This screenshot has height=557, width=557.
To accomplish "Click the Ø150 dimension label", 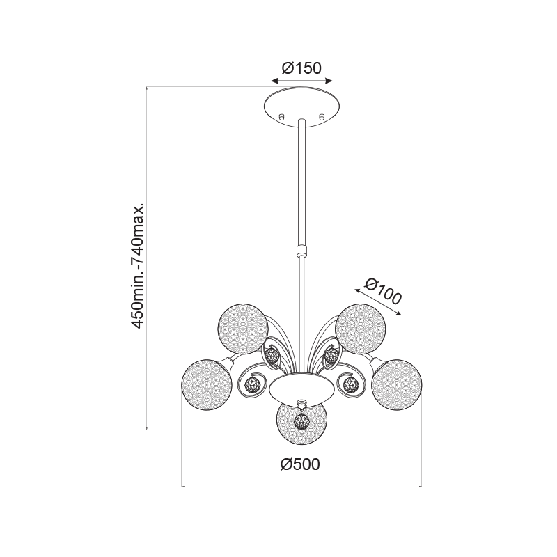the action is point(301,68).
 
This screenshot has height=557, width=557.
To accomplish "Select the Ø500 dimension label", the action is point(300,464).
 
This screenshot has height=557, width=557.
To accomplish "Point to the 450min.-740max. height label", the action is point(137,266).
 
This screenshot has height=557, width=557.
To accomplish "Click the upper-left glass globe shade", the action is point(242,329).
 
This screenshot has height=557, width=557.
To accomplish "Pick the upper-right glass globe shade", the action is point(360,329).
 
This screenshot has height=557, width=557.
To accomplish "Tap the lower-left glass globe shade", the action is point(206,384).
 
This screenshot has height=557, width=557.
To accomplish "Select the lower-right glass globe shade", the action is point(397,384).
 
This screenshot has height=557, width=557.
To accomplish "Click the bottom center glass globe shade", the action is point(301,423).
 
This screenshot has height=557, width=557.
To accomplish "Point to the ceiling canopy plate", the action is point(301,107).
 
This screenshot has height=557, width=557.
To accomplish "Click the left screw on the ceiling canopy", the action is point(282,116).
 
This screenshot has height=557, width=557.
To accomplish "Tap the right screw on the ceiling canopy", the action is point(322,116).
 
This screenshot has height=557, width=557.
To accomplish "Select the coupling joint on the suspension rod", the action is point(301,250).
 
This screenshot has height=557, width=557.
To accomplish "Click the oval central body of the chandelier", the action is point(301,389).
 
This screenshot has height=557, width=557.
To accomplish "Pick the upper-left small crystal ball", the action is point(272,355).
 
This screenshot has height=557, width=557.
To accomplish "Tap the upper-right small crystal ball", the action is point(331,355).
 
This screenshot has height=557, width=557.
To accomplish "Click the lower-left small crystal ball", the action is point(252,384).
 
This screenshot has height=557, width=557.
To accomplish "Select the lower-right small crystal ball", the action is point(351,384).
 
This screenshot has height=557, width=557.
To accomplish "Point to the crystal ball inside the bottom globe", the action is point(301,422).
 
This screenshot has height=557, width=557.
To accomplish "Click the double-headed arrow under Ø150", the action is point(301,81).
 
